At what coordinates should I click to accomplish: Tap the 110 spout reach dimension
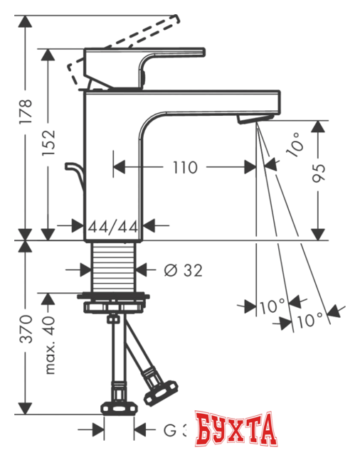click(x=184, y=168)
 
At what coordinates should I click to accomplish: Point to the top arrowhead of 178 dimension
click(x=26, y=19)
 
